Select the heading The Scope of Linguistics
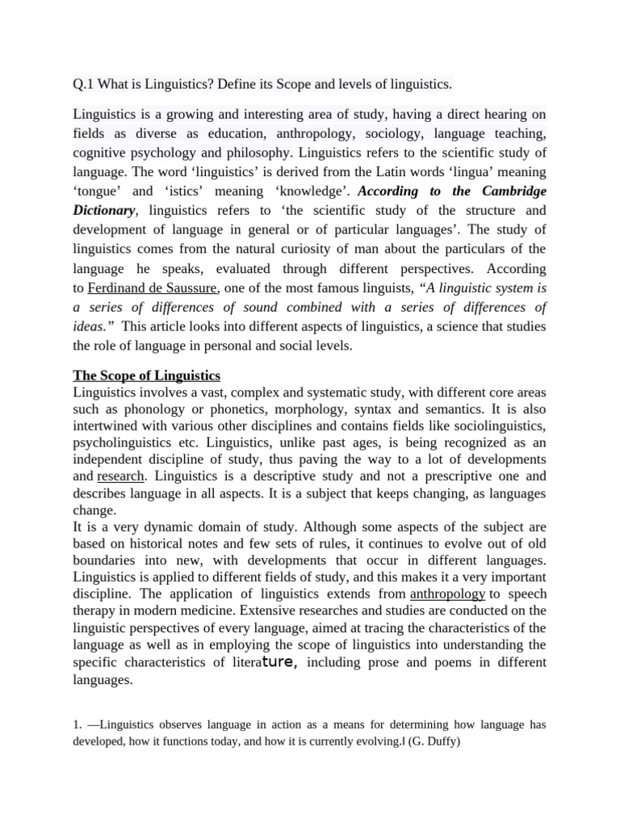pos(146,376)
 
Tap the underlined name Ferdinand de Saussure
pos(153,288)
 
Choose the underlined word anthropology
pos(447,594)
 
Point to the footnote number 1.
pos(77,724)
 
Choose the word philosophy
pos(252,153)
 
